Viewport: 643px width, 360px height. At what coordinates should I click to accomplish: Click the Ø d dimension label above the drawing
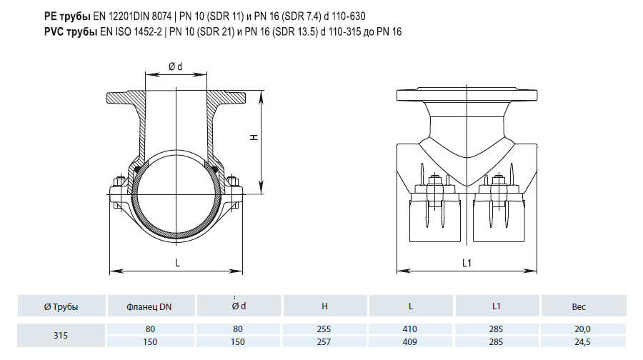[x=175, y=66]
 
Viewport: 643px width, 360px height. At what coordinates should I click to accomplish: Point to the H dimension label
[x=254, y=137]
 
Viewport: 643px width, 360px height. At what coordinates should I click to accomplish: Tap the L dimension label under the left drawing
[x=178, y=263]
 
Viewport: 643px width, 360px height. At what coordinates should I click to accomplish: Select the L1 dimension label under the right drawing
[x=467, y=263]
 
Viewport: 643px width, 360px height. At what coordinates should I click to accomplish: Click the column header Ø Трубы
[x=61, y=306]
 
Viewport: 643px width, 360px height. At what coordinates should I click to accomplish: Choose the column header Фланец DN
[x=149, y=306]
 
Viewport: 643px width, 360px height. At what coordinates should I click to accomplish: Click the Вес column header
[x=579, y=306]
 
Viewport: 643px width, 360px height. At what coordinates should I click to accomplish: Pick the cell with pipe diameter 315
[x=60, y=336]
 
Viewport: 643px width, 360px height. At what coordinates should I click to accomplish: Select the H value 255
[x=324, y=329]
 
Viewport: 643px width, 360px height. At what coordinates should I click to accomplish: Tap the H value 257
[x=324, y=341]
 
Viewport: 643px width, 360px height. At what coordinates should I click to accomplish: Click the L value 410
[x=409, y=329]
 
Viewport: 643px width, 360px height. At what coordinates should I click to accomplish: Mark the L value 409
[x=409, y=341]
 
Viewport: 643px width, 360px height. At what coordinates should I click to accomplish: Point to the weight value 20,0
[x=582, y=329]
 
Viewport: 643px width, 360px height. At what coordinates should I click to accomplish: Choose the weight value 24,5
[x=582, y=341]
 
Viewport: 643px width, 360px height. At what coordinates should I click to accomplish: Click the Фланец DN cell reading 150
[x=150, y=341]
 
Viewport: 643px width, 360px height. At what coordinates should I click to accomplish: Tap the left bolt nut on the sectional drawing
[x=120, y=181]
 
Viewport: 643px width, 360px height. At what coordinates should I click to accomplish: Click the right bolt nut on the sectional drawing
[x=232, y=181]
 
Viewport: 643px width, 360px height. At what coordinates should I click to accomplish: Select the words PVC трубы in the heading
[x=71, y=31]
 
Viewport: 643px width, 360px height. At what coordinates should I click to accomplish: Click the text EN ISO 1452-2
[x=131, y=31]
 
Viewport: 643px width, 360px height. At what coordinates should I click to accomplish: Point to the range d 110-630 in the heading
[x=344, y=16]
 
